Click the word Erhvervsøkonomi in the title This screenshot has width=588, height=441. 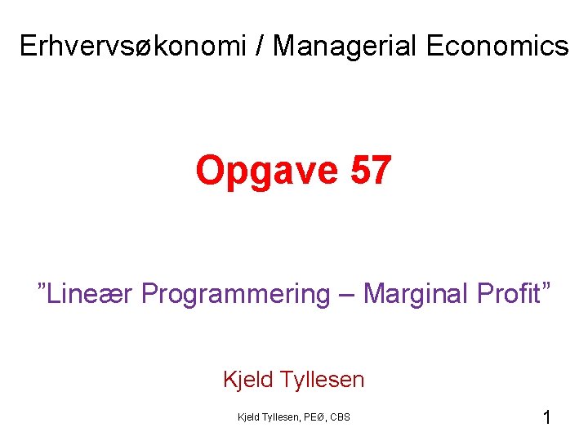tap(133, 47)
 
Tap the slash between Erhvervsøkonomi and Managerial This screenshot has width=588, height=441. tap(260, 47)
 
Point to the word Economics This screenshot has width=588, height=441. tap(496, 47)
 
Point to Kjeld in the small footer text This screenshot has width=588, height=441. tap(247, 417)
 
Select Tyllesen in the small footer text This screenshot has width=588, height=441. tap(280, 417)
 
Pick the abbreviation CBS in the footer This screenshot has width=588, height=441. tap(341, 417)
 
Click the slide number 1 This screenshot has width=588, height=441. tap(546, 418)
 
